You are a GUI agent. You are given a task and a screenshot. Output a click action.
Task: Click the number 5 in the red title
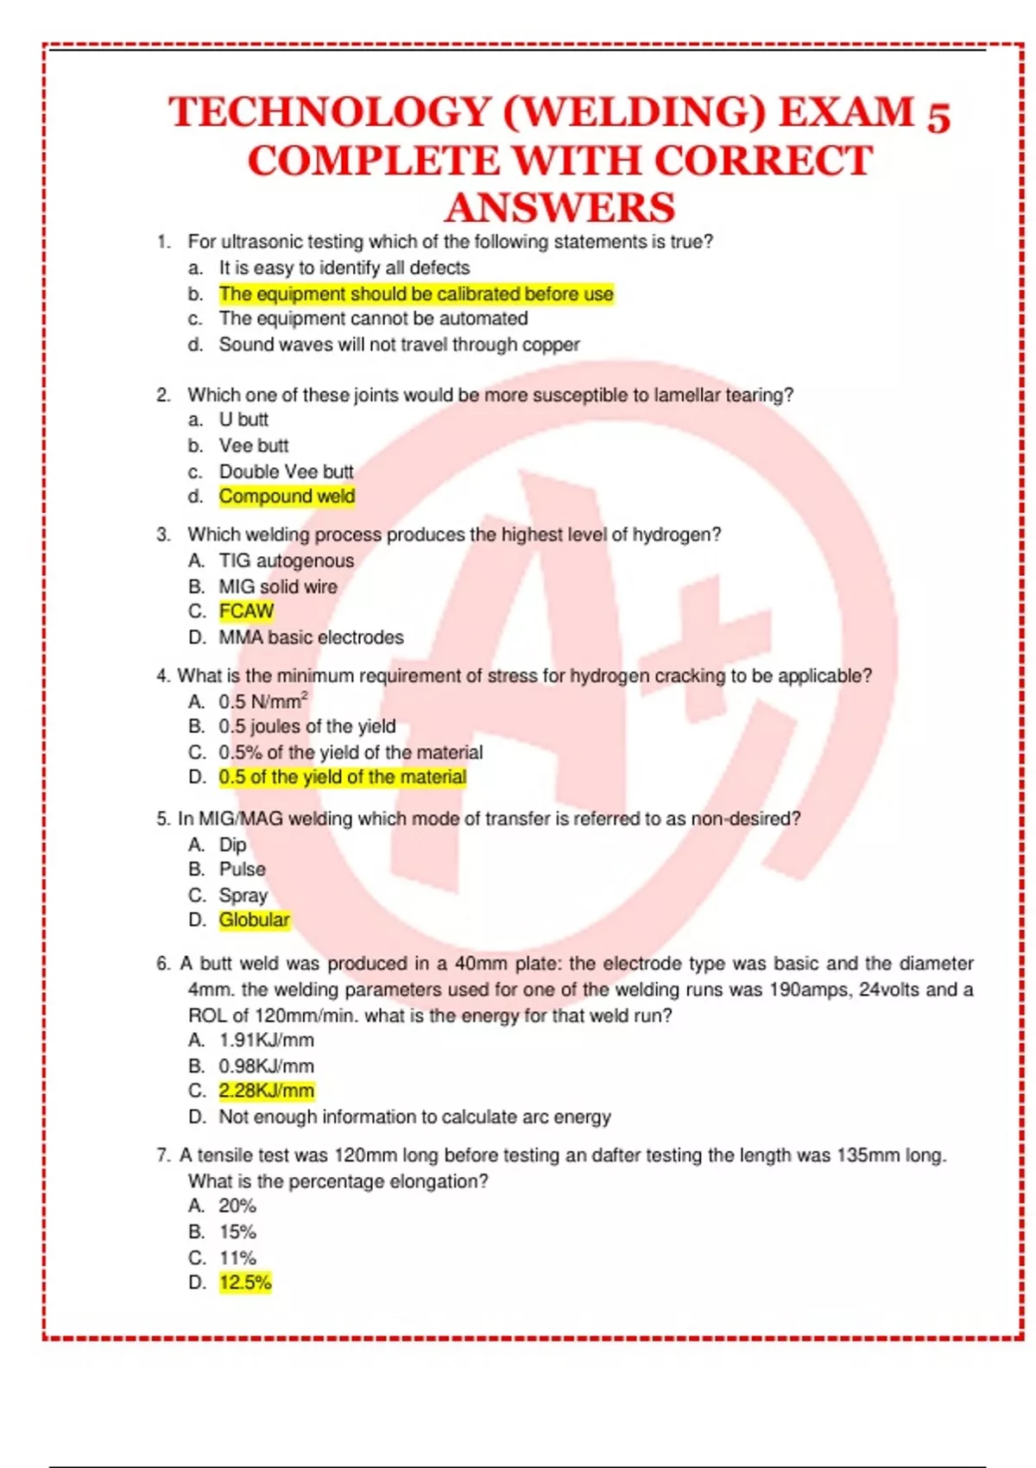pyautogui.click(x=938, y=116)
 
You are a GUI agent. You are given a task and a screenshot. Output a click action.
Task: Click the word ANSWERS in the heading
pyautogui.click(x=560, y=208)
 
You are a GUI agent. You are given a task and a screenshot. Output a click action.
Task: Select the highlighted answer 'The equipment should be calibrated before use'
pyautogui.click(x=416, y=294)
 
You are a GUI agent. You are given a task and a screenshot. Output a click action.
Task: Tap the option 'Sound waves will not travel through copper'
pyautogui.click(x=399, y=345)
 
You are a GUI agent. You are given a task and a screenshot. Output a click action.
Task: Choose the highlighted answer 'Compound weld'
pyautogui.click(x=287, y=497)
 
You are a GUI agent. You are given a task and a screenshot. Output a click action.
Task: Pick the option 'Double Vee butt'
pyautogui.click(x=286, y=471)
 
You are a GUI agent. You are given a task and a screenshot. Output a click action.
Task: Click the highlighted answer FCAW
pyautogui.click(x=246, y=611)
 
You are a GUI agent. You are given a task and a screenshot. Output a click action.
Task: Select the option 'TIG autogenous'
pyautogui.click(x=286, y=561)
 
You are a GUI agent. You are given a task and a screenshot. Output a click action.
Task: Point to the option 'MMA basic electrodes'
pyautogui.click(x=311, y=637)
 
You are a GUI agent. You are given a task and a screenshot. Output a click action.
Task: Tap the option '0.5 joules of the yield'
pyautogui.click(x=306, y=726)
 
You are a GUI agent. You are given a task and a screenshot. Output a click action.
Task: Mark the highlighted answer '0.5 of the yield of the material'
pyautogui.click(x=342, y=777)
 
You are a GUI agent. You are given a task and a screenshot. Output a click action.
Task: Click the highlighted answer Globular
pyautogui.click(x=254, y=920)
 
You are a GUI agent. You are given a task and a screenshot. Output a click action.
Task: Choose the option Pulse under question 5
pyautogui.click(x=242, y=870)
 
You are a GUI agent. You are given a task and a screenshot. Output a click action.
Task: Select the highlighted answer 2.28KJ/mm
pyautogui.click(x=266, y=1091)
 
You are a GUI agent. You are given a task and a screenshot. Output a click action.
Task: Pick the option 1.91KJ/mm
pyautogui.click(x=266, y=1041)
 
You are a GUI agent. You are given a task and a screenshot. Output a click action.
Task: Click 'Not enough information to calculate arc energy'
pyautogui.click(x=414, y=1117)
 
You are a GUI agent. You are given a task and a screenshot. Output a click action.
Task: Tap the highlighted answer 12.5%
pyautogui.click(x=245, y=1282)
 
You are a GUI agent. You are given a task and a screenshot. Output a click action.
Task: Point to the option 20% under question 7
pyautogui.click(x=237, y=1206)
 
